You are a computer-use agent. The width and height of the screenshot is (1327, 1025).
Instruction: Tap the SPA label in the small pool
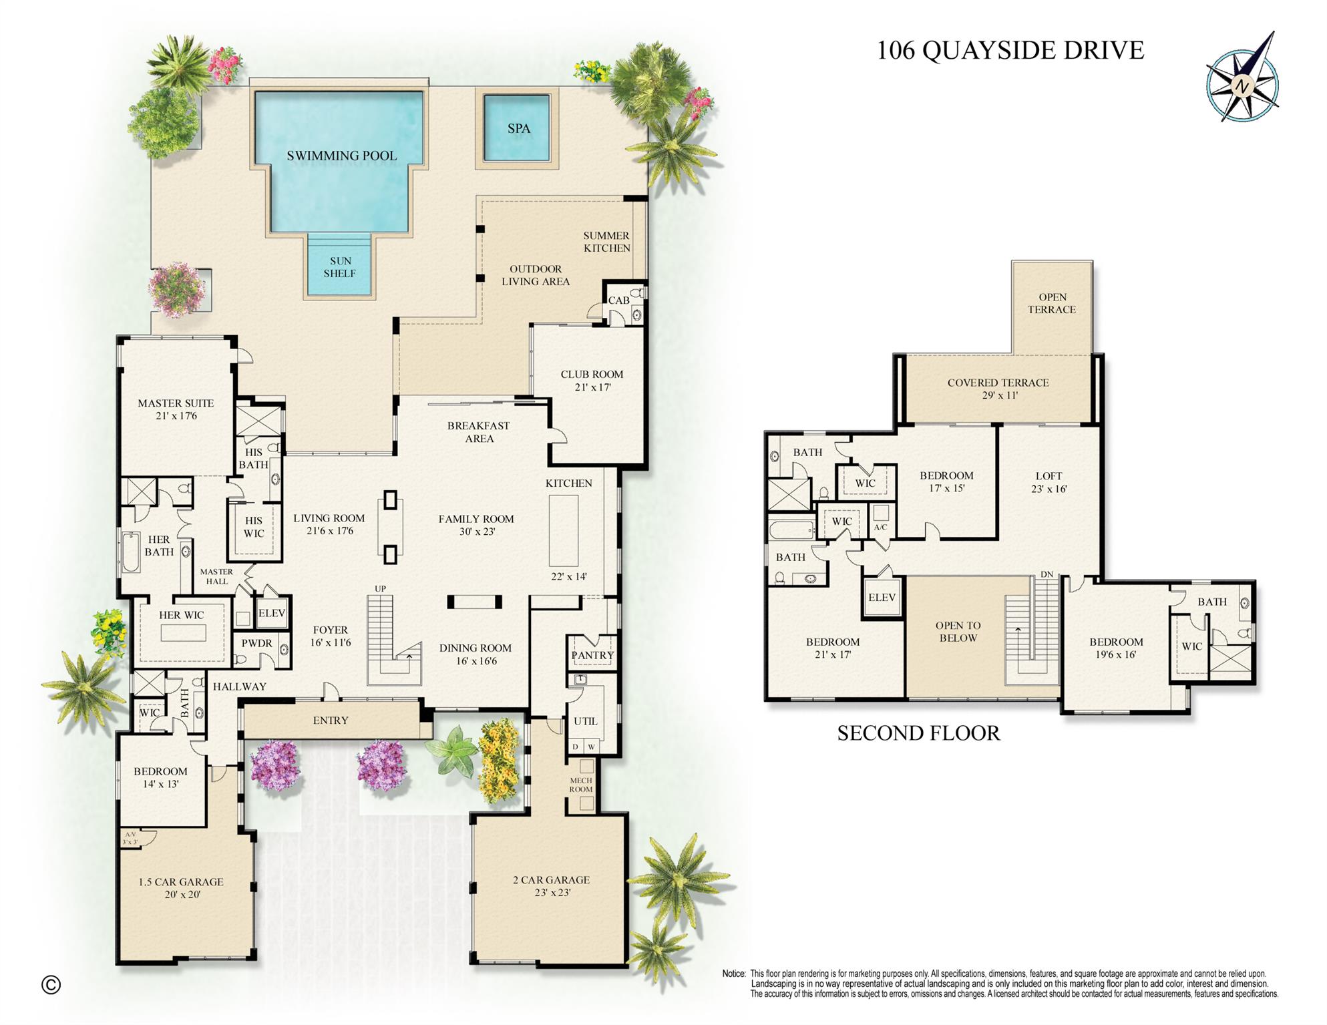click(x=518, y=129)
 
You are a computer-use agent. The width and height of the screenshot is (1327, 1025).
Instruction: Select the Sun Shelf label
click(x=339, y=267)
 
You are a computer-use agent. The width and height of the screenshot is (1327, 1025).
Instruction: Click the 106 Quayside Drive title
click(x=1010, y=51)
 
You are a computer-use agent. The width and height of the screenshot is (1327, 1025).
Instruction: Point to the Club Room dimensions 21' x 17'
click(x=592, y=387)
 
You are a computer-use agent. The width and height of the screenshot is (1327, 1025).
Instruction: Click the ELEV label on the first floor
click(x=271, y=613)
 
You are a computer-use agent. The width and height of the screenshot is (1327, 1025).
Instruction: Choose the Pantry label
click(x=592, y=655)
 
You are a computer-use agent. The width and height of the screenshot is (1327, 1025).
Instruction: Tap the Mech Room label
click(x=580, y=785)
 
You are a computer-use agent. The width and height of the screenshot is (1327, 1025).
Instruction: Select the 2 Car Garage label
click(x=551, y=879)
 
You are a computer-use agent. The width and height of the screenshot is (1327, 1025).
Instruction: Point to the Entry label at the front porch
click(x=331, y=721)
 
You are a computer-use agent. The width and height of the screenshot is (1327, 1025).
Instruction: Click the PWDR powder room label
click(x=256, y=643)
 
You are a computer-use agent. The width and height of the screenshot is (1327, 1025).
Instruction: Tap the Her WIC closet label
click(x=181, y=615)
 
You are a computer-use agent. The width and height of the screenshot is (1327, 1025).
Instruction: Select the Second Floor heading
click(x=918, y=733)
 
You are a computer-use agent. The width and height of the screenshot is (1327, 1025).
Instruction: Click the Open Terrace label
click(x=1052, y=303)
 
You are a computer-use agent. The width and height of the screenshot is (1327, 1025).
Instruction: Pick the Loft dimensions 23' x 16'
click(x=1049, y=489)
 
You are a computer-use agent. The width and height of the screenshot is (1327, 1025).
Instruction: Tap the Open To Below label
click(x=958, y=632)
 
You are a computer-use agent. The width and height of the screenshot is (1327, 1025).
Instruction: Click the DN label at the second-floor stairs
click(x=1047, y=574)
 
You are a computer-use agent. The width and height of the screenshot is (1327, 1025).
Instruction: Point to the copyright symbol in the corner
click(x=51, y=985)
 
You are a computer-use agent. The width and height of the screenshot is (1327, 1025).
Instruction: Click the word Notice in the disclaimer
click(x=733, y=974)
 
